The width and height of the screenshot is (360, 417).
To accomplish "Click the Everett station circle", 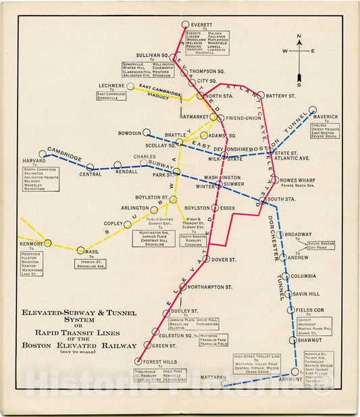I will click(x=186, y=25).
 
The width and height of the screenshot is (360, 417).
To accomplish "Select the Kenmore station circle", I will click(x=48, y=243).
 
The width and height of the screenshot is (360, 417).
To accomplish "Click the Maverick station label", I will click(x=330, y=116).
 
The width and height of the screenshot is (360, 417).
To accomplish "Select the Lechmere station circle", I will click(x=130, y=87).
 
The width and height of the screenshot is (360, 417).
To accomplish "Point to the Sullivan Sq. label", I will click(x=152, y=55).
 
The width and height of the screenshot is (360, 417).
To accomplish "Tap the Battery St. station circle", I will click(x=259, y=96).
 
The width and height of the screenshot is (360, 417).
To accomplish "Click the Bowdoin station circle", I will click(x=147, y=133).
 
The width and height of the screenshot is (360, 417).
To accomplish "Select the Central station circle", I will click(x=90, y=167).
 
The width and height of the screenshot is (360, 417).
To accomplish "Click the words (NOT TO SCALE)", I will click(x=78, y=352).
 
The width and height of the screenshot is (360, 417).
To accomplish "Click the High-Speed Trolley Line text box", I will click(x=260, y=364).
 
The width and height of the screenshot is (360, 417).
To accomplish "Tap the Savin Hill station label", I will click(x=306, y=294).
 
